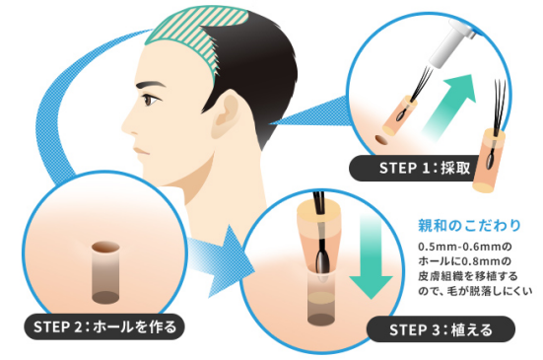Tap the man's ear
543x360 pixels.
coord(226,113)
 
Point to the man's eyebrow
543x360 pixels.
coord(151,85)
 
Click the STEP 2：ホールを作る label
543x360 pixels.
coord(104,326)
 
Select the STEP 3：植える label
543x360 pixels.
coord(441,329)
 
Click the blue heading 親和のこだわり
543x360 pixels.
coord(469,226)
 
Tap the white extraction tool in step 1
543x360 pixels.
coord(449,43)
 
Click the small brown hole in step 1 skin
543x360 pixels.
coord(381,140)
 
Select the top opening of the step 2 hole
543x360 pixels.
coord(105,247)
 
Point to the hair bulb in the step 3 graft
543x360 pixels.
coord(321,259)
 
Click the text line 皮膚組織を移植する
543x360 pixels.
coord(468,276)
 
